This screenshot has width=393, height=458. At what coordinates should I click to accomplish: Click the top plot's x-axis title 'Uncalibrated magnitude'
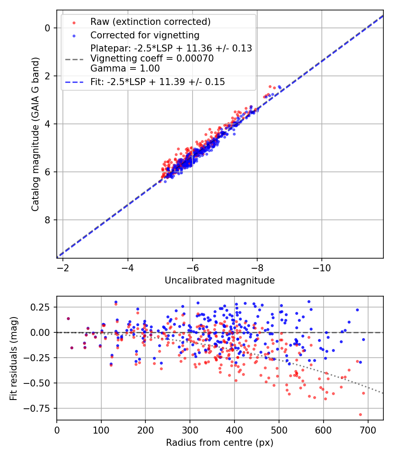click(x=220, y=280)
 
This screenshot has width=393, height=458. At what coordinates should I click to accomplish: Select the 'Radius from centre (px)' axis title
click(x=220, y=443)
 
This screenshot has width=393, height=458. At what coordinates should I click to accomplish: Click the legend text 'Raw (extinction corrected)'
click(x=150, y=22)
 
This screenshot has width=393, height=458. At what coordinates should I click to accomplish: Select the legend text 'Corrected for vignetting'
click(x=145, y=35)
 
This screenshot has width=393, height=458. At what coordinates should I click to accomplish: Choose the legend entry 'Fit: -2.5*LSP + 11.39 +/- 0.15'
click(x=158, y=82)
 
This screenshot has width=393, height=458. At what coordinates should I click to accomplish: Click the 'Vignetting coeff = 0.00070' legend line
click(x=152, y=58)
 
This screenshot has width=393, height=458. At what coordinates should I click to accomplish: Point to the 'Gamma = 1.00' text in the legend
click(x=125, y=68)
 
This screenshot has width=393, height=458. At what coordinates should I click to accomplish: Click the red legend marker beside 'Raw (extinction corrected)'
click(x=73, y=22)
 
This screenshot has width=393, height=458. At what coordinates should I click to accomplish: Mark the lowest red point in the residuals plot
click(x=360, y=414)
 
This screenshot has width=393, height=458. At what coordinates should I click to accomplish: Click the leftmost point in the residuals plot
click(x=68, y=318)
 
